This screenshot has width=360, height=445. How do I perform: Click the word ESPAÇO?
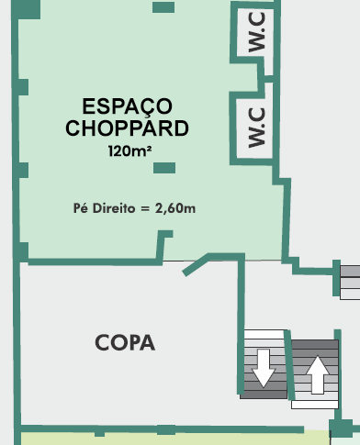[127, 107]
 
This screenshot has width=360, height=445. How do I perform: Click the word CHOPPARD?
[127, 128]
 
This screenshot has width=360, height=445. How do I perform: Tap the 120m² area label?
[129, 150]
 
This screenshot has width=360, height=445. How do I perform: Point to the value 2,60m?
[175, 208]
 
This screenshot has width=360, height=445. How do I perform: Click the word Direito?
[114, 208]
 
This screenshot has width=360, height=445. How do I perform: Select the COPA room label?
[125, 342]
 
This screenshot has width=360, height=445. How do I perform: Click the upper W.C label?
[256, 32]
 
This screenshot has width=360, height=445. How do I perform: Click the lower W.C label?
[256, 128]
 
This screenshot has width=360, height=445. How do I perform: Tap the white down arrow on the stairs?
[264, 368]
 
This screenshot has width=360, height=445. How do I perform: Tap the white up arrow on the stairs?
[318, 374]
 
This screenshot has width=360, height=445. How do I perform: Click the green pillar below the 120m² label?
[164, 168]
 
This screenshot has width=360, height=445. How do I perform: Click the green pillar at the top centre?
[163, 7]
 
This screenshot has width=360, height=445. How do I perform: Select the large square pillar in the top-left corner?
[26, 9]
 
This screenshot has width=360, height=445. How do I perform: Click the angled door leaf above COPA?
[196, 265]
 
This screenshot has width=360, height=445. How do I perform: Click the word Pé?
[81, 208]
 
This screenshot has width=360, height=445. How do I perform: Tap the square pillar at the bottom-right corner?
[341, 428]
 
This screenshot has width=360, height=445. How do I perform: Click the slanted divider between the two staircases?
[289, 365]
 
